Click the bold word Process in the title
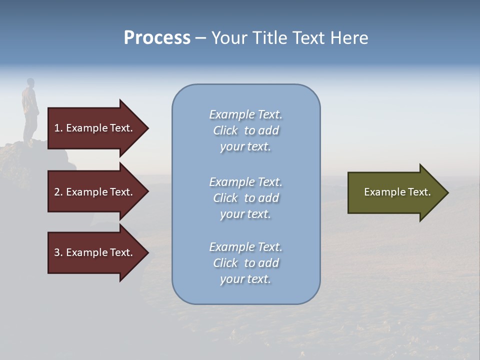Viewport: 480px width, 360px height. [157, 38]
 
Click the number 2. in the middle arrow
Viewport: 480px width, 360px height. [58, 192]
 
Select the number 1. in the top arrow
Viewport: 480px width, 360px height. [58, 128]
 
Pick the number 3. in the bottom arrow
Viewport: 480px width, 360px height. [58, 252]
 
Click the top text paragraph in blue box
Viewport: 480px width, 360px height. [245, 130]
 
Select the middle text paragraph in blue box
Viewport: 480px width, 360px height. [245, 198]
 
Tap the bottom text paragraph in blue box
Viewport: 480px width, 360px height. [245, 263]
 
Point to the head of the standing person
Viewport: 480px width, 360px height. [30, 82]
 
